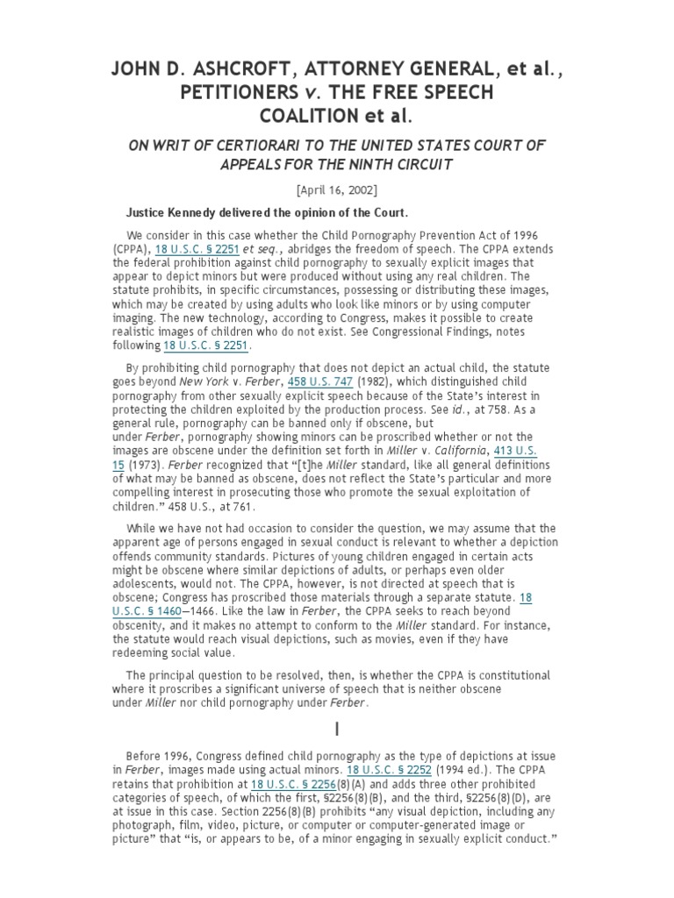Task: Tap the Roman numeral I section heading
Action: pyautogui.click(x=336, y=729)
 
